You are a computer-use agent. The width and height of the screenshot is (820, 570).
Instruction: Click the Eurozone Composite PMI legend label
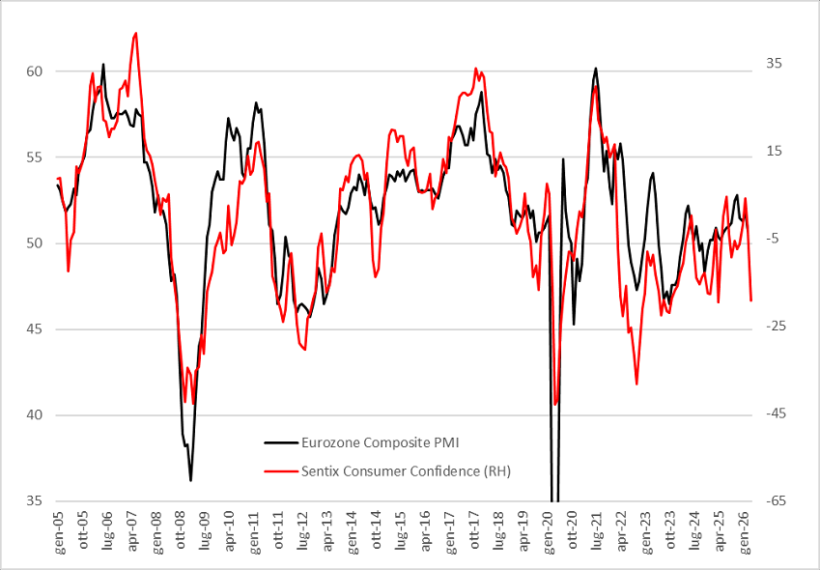coord(380,442)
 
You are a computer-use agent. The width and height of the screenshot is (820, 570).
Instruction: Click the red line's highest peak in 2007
coord(136,33)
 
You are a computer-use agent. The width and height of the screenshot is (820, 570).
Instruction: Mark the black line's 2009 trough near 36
coord(190,480)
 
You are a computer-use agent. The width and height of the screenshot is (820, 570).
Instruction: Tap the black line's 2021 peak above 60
coord(596,68)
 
